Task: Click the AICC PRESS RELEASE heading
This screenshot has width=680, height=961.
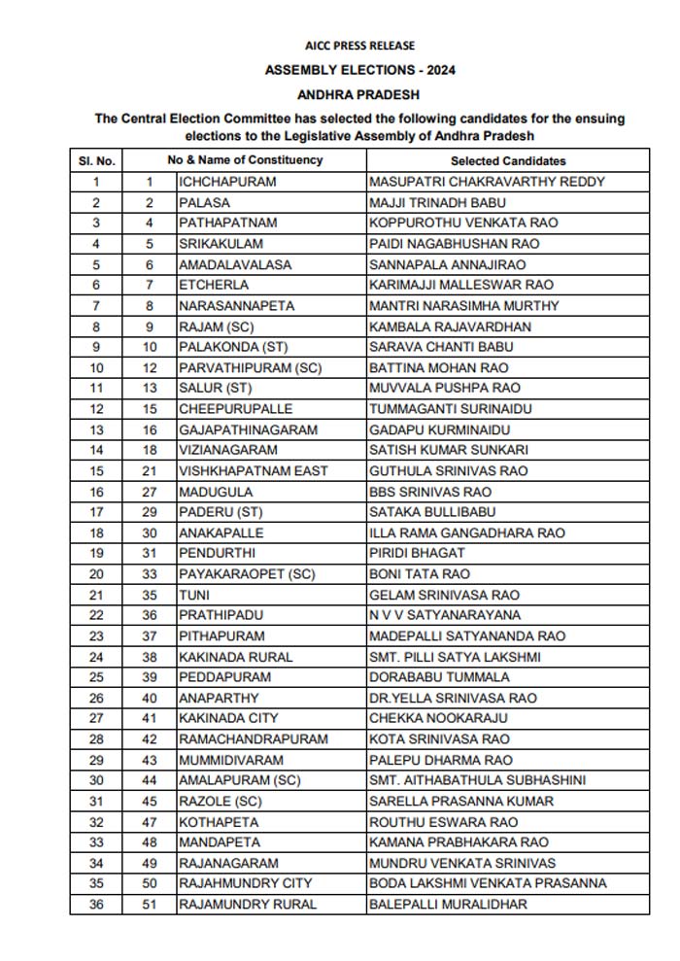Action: click(359, 46)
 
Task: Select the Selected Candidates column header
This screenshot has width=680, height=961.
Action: click(507, 160)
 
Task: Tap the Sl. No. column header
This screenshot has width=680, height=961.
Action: click(96, 160)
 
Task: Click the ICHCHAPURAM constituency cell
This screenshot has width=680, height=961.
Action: click(227, 182)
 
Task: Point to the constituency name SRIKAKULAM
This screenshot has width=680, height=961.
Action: click(221, 244)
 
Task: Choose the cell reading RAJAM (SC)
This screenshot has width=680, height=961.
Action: click(216, 326)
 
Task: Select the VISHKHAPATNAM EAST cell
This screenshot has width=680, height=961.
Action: click(254, 470)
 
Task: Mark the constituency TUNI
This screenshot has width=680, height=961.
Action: click(194, 595)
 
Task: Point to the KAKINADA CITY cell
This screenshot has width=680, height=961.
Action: click(228, 718)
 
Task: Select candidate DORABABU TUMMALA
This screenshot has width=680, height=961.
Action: click(439, 677)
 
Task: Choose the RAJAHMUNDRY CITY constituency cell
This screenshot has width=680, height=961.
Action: click(246, 883)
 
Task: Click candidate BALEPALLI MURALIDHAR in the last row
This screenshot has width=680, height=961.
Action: click(448, 904)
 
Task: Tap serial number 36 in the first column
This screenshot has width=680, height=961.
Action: click(96, 904)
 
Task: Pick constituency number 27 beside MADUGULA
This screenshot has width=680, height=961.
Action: click(150, 492)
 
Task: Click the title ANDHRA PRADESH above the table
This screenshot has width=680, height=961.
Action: click(359, 95)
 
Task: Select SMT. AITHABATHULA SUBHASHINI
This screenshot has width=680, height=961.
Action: click(477, 780)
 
